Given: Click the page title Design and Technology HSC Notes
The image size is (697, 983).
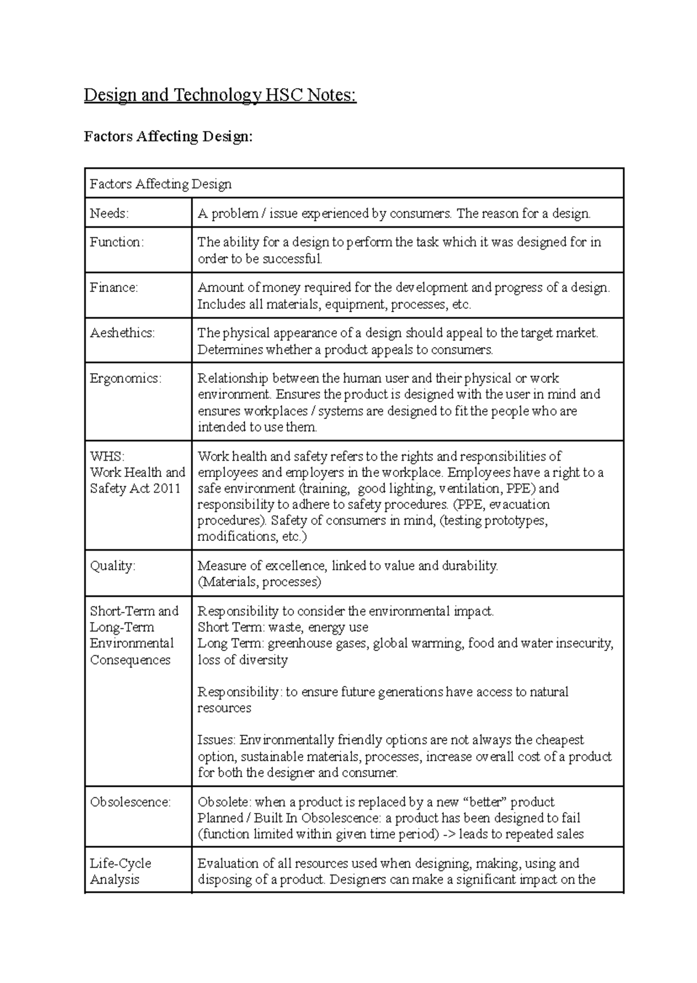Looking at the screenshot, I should pos(220,95).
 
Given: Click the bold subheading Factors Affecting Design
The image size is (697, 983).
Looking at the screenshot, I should pos(168,136).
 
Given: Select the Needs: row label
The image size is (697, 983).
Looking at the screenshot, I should pos(109,214).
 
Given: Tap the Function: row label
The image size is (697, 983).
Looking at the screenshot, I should pos(116,242).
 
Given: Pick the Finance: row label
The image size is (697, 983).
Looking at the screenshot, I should pos(114,287).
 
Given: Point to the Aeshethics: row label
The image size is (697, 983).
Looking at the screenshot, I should pos(122,333).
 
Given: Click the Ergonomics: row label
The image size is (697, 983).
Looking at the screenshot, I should pos(125,378).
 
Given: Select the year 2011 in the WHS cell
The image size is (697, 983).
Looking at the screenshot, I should pos(167,489).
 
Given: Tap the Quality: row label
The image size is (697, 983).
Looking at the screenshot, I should pos(112,566).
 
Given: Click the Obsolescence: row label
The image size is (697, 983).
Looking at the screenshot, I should pos(130,802).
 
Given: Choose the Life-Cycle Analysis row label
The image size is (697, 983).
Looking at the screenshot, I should pos(120,871).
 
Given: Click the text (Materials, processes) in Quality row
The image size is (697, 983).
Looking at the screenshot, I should pos(259,582).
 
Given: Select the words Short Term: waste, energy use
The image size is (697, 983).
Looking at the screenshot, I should pos(283,627).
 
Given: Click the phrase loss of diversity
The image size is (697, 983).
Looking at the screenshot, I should pos(243,660).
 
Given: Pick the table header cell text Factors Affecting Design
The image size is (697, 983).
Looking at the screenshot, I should pos(160,185).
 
